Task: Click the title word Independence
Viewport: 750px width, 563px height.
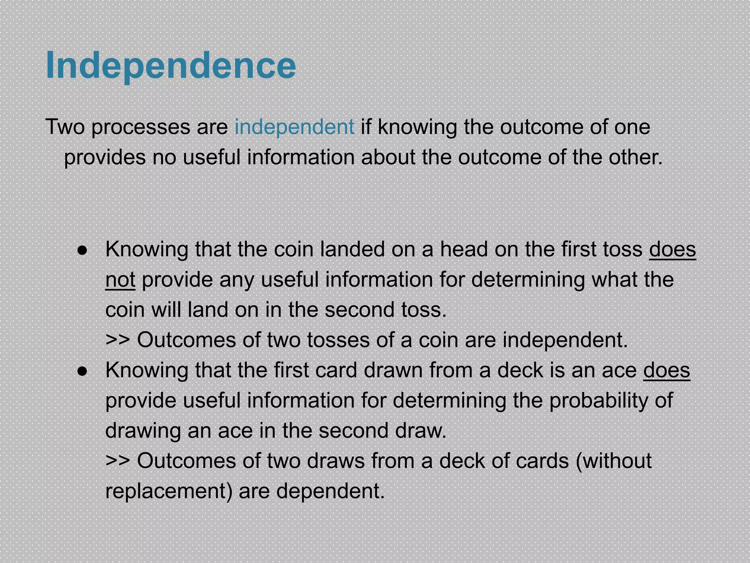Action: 171,65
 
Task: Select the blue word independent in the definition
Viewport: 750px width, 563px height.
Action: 294,127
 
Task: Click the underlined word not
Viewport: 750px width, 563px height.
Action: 120,279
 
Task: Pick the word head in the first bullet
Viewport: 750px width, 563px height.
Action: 464,249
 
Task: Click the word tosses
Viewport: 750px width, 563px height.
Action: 338,340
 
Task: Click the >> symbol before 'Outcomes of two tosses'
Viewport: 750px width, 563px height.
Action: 118,340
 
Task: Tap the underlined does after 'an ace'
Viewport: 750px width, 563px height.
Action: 667,370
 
